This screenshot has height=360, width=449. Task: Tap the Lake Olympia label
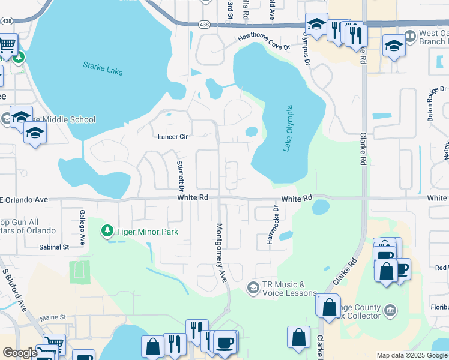[289, 128]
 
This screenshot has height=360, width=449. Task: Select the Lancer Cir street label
[173, 137]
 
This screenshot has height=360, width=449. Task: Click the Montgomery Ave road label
[220, 253]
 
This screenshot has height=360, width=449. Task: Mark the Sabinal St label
[54, 247]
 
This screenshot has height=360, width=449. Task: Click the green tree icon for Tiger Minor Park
[107, 231]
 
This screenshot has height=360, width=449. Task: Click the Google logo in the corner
[20, 353]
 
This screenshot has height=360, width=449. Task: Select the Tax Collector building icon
[391, 310]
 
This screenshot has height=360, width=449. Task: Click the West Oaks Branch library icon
[411, 37]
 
